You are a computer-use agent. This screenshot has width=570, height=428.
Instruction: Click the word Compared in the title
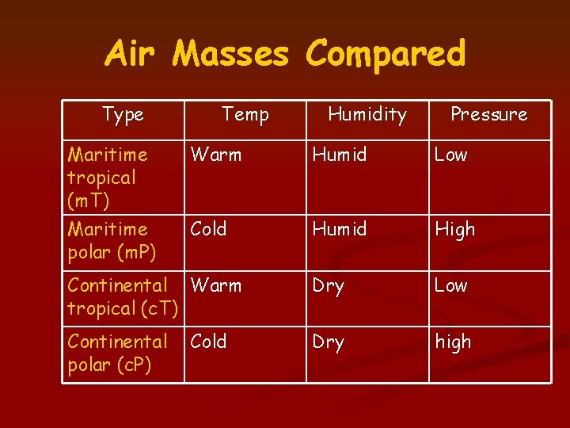[386, 54]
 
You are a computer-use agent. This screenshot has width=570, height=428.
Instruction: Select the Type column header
[123, 114]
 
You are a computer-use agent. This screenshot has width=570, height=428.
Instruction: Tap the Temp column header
[245, 114]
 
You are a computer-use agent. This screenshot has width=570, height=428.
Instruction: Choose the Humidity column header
[367, 114]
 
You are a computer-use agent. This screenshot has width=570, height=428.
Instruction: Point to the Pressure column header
[488, 114]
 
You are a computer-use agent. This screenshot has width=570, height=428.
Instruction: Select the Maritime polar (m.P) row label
[112, 240]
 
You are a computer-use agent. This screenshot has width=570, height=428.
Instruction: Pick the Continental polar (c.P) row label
[117, 353]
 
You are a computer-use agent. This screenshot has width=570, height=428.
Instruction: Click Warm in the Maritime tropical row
[216, 155]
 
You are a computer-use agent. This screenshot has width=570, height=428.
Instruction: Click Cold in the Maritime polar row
[209, 229]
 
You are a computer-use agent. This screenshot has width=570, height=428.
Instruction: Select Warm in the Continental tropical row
[216, 285]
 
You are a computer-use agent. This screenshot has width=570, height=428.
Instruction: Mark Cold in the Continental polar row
[209, 342]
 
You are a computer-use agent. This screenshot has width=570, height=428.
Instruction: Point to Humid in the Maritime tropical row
[340, 155]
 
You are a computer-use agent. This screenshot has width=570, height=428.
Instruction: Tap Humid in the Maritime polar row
[340, 229]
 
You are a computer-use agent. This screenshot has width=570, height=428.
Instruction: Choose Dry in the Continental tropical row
[329, 286]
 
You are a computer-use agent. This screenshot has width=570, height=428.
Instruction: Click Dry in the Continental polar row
[329, 342]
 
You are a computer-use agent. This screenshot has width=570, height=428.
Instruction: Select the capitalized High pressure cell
[454, 230]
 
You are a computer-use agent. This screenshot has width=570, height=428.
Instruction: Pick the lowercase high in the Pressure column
[453, 342]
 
